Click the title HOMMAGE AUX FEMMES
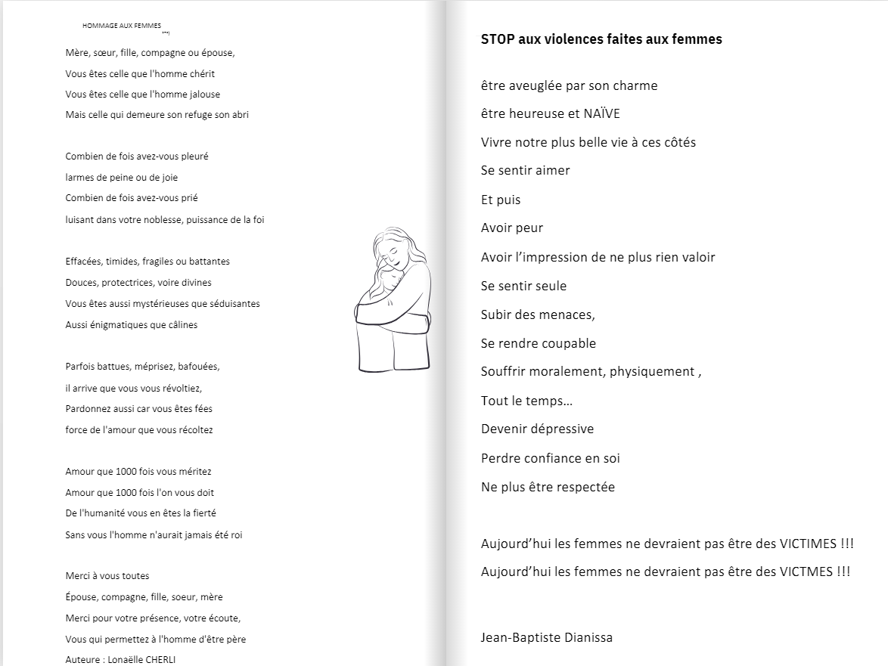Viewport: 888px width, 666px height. pyautogui.click(x=122, y=26)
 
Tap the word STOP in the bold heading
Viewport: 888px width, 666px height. pyautogui.click(x=498, y=39)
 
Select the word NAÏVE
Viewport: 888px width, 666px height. pyautogui.click(x=602, y=113)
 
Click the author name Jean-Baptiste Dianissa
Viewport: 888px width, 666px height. pyautogui.click(x=546, y=637)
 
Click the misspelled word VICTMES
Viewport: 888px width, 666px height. pyautogui.click(x=807, y=572)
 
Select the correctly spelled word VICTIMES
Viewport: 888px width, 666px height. pyautogui.click(x=809, y=544)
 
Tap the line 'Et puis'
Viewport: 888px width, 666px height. pyautogui.click(x=501, y=200)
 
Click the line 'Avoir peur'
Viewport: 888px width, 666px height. pyautogui.click(x=512, y=228)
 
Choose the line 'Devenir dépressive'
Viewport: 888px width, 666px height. pyautogui.click(x=537, y=429)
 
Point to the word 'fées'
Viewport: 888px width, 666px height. pyautogui.click(x=203, y=408)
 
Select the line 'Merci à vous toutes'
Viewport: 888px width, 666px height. pyautogui.click(x=107, y=575)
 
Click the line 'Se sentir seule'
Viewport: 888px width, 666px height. pyautogui.click(x=523, y=286)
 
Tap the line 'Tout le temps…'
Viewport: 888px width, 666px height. pyautogui.click(x=526, y=401)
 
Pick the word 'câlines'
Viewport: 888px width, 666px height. pyautogui.click(x=182, y=324)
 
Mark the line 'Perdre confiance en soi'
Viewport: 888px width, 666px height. pyautogui.click(x=550, y=458)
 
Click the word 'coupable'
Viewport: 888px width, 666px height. pyautogui.click(x=568, y=343)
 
